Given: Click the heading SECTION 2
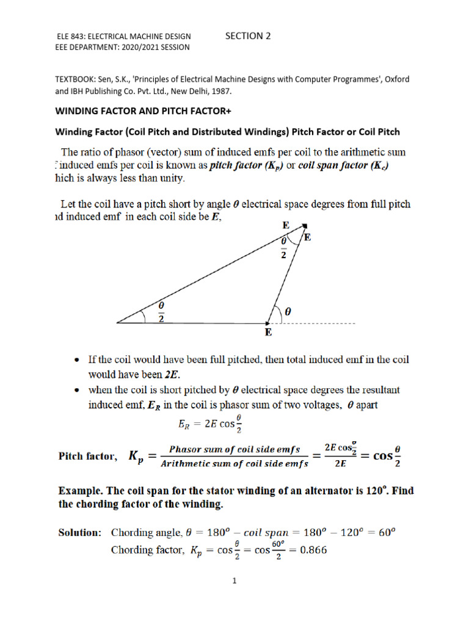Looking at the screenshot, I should [x=247, y=36].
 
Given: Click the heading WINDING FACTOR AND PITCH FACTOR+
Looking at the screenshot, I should [x=141, y=112].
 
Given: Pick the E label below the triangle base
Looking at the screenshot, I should [x=268, y=333].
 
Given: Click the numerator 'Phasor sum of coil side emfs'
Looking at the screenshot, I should [x=236, y=449].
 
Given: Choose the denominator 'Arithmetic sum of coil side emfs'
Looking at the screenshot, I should [x=235, y=463].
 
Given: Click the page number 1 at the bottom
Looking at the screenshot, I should [x=233, y=582].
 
